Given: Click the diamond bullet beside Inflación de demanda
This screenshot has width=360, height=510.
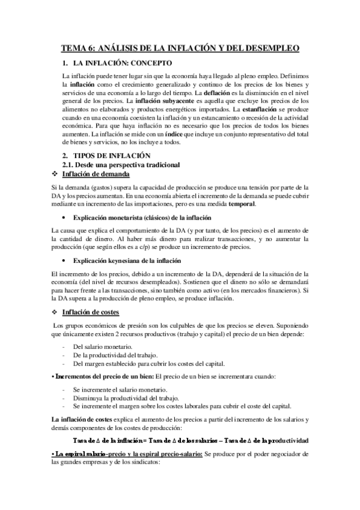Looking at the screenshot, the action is (x=56, y=174).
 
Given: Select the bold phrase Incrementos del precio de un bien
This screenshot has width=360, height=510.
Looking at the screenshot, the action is (x=103, y=376).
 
